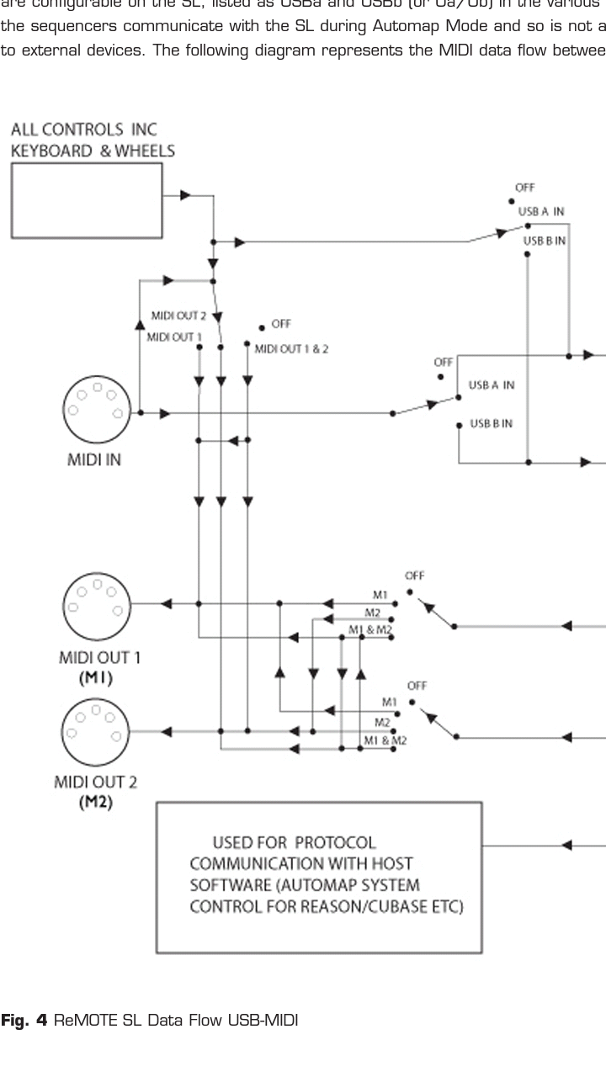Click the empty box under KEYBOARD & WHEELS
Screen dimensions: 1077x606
click(x=87, y=199)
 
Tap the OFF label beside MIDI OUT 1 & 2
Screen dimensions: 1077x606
click(x=281, y=323)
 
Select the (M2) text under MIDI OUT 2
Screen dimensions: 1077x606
click(x=96, y=803)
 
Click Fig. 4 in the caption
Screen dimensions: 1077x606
click(x=25, y=1021)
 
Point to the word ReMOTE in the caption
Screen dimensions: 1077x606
click(x=84, y=1021)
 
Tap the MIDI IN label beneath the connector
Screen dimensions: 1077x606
click(x=94, y=461)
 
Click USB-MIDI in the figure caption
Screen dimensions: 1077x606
click(x=270, y=1021)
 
